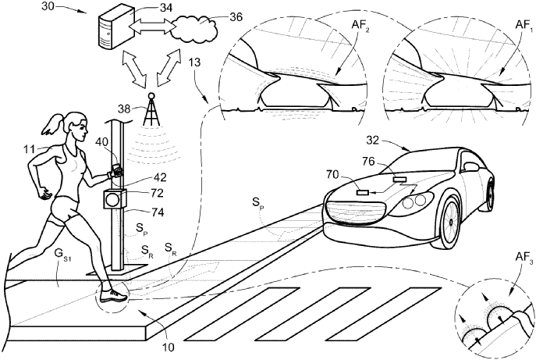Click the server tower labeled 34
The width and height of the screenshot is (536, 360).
coord(115,28)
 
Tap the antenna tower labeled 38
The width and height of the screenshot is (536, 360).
coord(151,109)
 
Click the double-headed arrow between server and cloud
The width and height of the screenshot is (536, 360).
coord(151,26)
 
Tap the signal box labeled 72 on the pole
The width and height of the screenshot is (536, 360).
coord(115,199)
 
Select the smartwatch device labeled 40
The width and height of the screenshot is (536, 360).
coord(117,169)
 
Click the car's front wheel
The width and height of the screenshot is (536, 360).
coord(450,222)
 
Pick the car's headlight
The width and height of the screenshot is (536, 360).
coord(414,202)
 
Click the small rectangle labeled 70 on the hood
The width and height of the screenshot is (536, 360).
coord(363,193)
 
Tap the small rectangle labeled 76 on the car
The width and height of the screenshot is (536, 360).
coord(399,179)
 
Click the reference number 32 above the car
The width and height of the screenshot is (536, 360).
coord(373,141)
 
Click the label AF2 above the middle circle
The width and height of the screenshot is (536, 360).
coord(360,25)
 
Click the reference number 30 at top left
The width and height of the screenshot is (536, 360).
coord(48,6)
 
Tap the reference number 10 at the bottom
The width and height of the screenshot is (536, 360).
coord(169,347)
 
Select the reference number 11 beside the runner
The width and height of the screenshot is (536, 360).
coord(30,149)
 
